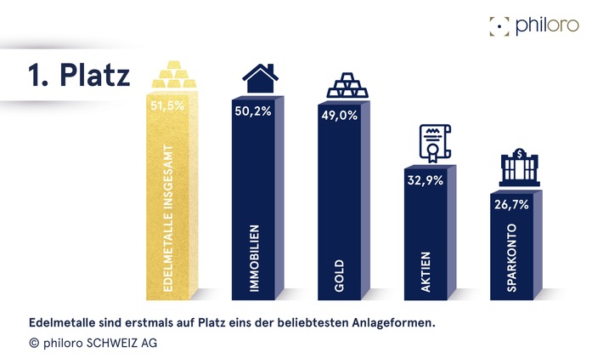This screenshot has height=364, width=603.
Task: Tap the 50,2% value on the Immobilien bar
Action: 251,111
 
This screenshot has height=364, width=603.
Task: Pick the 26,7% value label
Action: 511,204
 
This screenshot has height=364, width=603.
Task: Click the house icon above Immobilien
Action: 260,79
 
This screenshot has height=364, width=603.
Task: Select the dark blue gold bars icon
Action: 347,85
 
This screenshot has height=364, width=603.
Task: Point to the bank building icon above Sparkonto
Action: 519,168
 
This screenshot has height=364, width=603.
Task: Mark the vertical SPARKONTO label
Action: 512,259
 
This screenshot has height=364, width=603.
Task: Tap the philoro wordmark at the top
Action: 547,25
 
